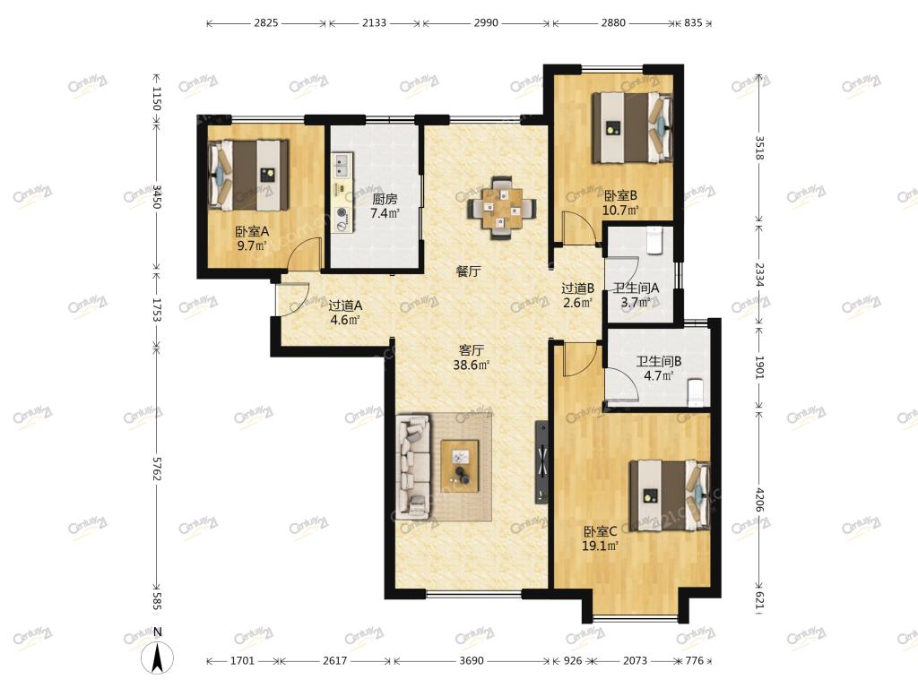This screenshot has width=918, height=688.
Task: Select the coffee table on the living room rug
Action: (460, 466)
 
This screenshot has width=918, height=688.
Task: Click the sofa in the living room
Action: (413, 466)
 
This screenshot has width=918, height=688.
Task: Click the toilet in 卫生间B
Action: (694, 391)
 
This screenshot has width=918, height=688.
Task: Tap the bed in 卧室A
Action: (249, 175)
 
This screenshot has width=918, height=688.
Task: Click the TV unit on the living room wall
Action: (542, 462)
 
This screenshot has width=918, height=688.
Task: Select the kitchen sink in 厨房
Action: (342, 165)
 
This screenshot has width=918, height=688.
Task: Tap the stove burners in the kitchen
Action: (342, 219)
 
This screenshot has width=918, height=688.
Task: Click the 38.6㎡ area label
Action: (472, 365)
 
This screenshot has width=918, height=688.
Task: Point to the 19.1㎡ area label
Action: (600, 546)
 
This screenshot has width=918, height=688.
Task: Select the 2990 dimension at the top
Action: (486, 22)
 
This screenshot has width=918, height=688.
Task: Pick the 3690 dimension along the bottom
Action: (472, 660)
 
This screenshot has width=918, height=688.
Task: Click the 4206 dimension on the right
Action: (759, 499)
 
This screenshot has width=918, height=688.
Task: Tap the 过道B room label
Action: (578, 288)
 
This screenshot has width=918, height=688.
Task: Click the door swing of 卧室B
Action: (575, 228)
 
